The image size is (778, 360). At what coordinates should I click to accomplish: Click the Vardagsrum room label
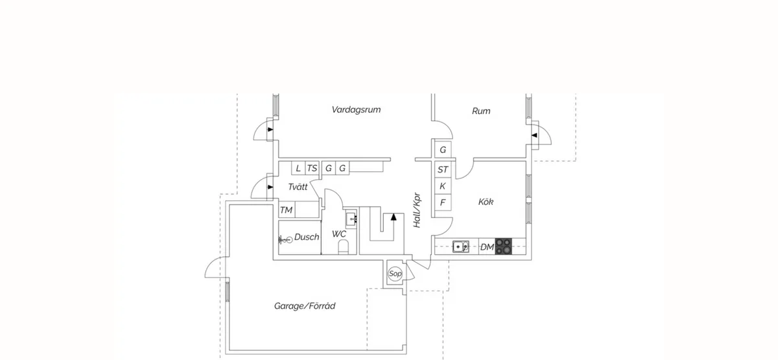coord(356,110)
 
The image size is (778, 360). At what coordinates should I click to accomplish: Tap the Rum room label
coord(481,112)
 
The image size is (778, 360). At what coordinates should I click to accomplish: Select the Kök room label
coord(486,202)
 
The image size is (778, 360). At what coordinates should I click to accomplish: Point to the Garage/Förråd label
coord(305,306)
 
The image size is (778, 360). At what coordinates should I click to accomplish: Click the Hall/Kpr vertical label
coord(418,210)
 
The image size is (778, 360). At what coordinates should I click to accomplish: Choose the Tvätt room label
coord(298,187)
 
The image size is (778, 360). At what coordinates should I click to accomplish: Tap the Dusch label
coord(307,237)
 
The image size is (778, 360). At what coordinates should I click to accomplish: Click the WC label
coord(339,234)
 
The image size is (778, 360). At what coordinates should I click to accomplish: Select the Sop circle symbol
coord(395,274)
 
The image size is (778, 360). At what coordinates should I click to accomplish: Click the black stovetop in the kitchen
coord(504,246)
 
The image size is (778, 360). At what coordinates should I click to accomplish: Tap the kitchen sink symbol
coord(461,246)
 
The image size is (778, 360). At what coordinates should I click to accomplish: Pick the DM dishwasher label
coord(487,247)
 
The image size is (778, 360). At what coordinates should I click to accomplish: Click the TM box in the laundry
coord(286,210)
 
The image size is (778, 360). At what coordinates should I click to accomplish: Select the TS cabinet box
coord(312,169)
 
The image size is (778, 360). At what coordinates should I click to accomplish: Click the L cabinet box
coord(298,169)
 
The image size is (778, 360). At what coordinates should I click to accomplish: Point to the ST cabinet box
coord(443,170)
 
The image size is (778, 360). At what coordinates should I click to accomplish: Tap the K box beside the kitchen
coord(443,186)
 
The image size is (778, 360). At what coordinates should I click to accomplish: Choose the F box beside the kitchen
coord(443,202)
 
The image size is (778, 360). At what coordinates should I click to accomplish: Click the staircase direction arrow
coord(393,219)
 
